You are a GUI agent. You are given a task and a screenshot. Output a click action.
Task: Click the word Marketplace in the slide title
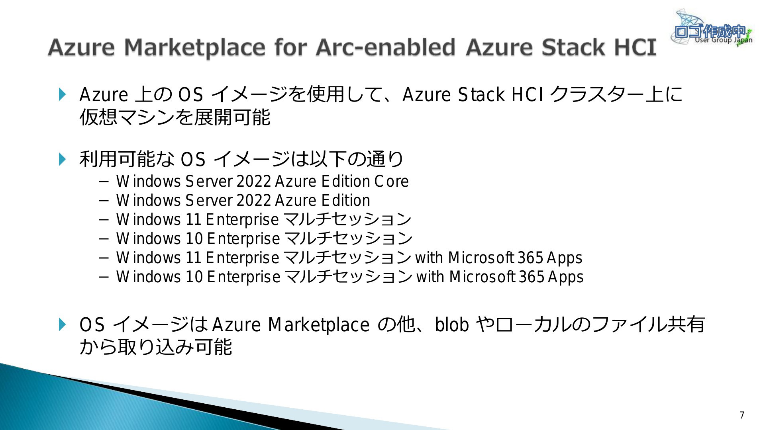(194, 47)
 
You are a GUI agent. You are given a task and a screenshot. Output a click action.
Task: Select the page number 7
(742, 415)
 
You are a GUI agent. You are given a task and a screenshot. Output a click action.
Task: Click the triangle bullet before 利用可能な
(63, 159)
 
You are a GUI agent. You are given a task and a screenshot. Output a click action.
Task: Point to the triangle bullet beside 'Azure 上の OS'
(63, 94)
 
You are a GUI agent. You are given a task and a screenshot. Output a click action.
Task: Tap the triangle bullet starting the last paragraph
(63, 324)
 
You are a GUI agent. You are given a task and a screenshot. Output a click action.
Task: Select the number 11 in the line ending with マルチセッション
(193, 219)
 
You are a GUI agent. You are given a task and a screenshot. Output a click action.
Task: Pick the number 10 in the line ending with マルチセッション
(194, 238)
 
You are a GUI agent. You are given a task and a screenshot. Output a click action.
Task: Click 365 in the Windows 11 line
(530, 258)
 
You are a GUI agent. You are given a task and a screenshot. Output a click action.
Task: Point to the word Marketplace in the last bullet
(319, 325)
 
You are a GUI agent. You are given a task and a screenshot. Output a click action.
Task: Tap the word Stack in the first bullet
(481, 95)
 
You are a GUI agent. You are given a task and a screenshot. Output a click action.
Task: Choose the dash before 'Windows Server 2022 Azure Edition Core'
(104, 182)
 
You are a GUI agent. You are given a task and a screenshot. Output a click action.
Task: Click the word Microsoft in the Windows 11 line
(481, 258)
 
